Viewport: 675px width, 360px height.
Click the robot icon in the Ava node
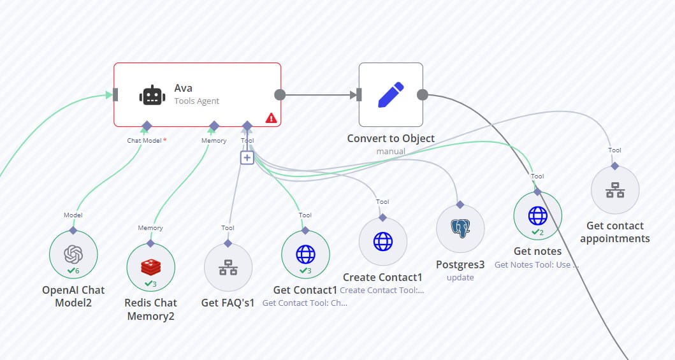[x=152, y=95]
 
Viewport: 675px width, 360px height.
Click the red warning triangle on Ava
[x=271, y=118]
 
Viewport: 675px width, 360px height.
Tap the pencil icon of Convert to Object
[x=391, y=94]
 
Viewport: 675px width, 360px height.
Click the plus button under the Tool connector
[x=247, y=157]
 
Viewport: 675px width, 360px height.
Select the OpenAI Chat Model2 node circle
[x=73, y=255]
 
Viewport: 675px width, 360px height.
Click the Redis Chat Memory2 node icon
[x=150, y=268]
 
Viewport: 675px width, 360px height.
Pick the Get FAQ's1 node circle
[x=228, y=268]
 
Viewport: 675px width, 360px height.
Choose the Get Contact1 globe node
[x=305, y=255]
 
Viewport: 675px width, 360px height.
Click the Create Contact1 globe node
[x=383, y=241]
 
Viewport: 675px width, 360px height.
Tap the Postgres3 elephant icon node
[x=460, y=229]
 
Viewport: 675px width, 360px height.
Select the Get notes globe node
[x=537, y=216]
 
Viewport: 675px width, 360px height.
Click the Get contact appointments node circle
[x=615, y=190]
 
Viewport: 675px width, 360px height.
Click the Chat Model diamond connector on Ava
[x=147, y=126]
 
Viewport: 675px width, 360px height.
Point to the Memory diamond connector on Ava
[x=214, y=126]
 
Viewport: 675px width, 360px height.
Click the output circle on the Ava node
[x=279, y=95]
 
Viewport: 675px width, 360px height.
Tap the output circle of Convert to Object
[x=422, y=95]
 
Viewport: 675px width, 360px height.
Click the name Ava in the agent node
[x=184, y=89]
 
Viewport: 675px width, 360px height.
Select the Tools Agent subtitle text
[x=197, y=101]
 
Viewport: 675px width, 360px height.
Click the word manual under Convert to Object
[x=391, y=151]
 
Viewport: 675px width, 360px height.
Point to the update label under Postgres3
[x=460, y=277]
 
